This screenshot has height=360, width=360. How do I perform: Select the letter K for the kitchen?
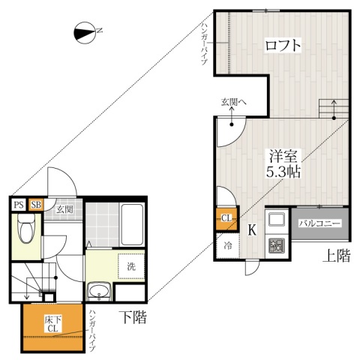pos(253,229)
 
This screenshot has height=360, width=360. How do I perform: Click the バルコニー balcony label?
pos(321,223)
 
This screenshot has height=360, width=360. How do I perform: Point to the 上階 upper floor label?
pos(337,256)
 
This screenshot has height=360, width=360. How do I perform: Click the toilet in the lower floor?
pos(27,229)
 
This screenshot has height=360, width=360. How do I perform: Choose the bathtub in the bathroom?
pos(133,226)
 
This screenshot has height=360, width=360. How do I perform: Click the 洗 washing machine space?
pos(131,266)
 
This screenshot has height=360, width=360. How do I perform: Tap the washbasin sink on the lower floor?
pos(98,291)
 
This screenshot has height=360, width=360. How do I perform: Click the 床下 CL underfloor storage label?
pos(52,323)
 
